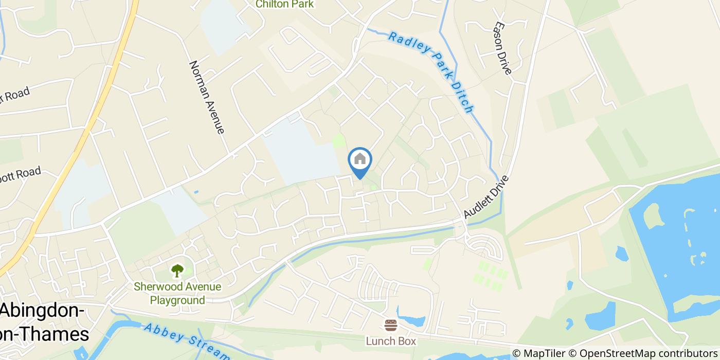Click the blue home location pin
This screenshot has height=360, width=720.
tap(360, 163)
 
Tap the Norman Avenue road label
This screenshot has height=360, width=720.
tap(207, 97)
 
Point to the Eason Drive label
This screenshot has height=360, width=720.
tap(502, 48)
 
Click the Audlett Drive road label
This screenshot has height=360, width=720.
tap(486, 197)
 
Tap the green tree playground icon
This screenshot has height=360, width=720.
tap(177, 271)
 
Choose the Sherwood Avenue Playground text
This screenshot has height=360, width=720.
tap(177, 294)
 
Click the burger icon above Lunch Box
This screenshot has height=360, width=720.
tap(391, 326)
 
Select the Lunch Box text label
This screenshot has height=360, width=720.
tap(391, 340)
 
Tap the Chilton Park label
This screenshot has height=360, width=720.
tap(285, 4)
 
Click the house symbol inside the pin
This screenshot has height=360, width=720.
tap(360, 159)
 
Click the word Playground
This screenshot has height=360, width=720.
tap(177, 300)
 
